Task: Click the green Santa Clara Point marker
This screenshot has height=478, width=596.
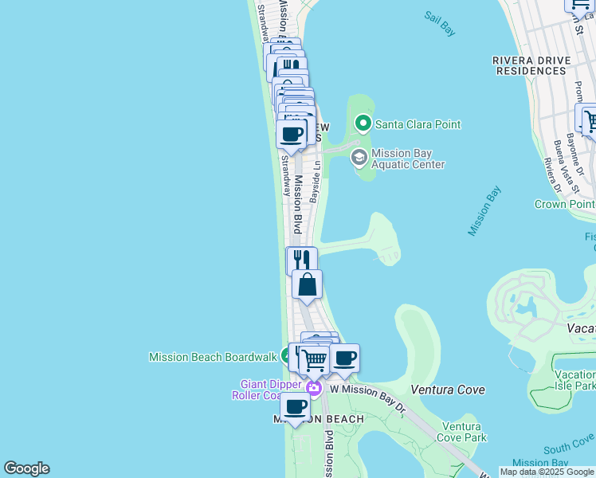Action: [x=363, y=123]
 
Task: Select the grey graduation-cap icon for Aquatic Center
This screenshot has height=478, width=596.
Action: [x=359, y=157]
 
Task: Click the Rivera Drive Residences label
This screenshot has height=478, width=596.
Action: [x=532, y=65]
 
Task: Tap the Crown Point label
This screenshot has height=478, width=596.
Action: [x=564, y=204]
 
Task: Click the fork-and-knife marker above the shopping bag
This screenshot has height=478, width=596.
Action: [x=301, y=260]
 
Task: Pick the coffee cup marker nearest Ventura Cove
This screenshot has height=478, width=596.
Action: [x=344, y=358]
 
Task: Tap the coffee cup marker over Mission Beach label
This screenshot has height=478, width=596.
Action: [x=295, y=406]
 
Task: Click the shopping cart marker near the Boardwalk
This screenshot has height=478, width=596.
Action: [x=315, y=361]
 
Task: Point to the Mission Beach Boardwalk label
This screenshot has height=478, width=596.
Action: [x=212, y=357]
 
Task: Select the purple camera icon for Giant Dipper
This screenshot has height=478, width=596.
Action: [x=314, y=389]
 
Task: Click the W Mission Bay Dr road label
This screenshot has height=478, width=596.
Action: [x=368, y=390]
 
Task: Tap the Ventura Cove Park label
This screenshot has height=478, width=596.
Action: [x=464, y=432]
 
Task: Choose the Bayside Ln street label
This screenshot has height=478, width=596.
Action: [x=316, y=182]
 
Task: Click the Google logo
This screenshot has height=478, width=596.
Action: [x=26, y=468]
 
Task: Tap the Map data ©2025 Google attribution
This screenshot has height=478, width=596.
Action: [x=547, y=472]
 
